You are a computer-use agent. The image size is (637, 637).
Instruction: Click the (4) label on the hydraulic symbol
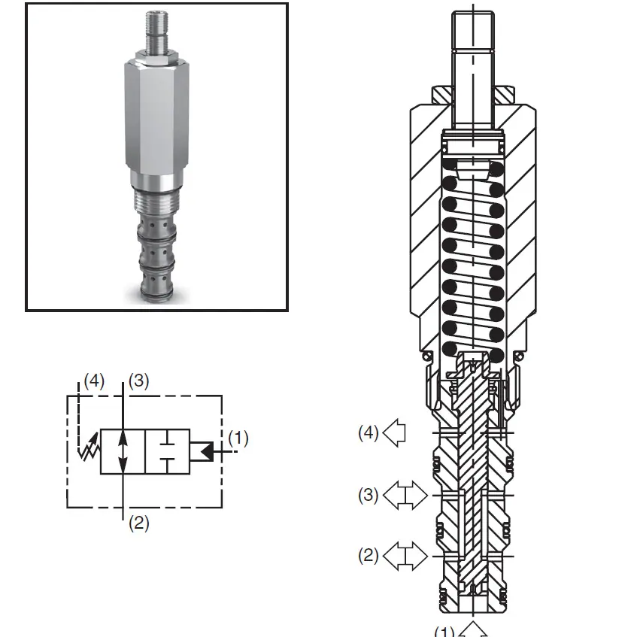pyautogui.click(x=94, y=381)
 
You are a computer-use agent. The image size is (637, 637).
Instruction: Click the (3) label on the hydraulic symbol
pyautogui.click(x=139, y=381)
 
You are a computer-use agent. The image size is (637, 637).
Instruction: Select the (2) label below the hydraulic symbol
pyautogui.click(x=139, y=523)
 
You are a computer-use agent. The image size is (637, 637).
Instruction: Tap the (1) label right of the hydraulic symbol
pyautogui.click(x=238, y=438)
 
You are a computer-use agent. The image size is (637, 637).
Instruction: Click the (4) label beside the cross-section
pyautogui.click(x=369, y=432)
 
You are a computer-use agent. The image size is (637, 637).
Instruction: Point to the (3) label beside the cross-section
pyautogui.click(x=369, y=495)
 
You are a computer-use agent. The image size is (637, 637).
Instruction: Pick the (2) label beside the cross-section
pyautogui.click(x=369, y=556)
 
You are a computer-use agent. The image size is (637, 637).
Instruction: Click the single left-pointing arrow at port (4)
pyautogui.click(x=394, y=433)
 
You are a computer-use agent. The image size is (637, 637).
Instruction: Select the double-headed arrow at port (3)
pyautogui.click(x=405, y=495)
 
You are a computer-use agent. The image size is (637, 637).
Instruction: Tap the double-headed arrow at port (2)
pyautogui.click(x=405, y=556)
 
